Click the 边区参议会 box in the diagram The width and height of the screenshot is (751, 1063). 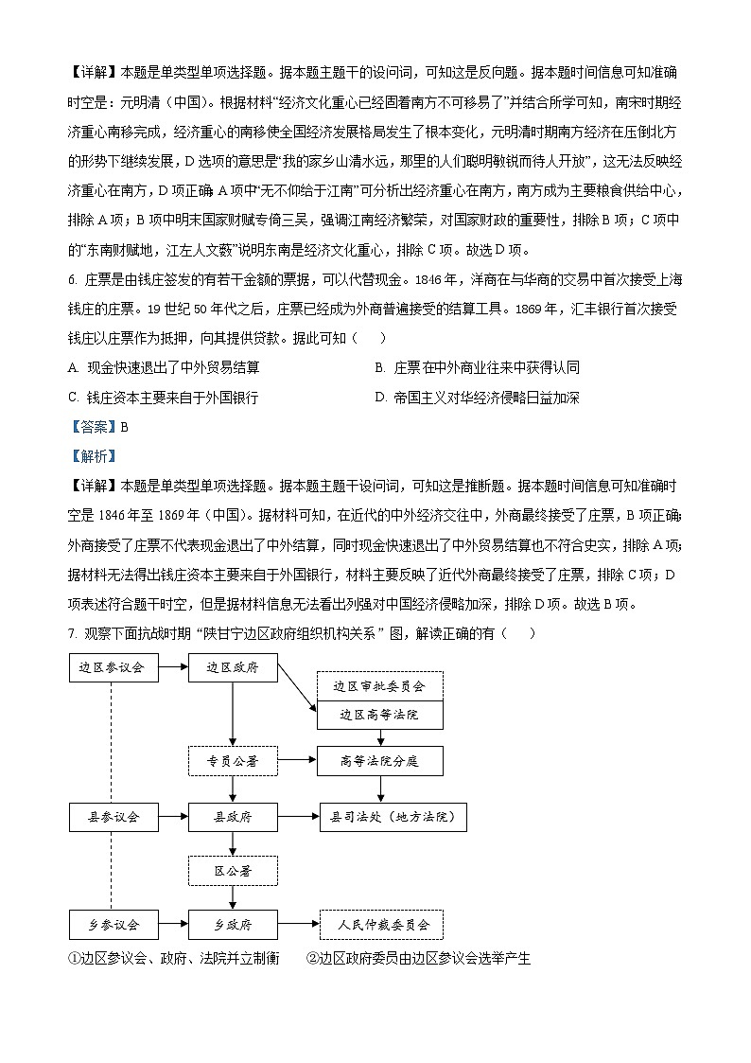[x=113, y=667]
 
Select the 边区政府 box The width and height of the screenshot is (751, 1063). [x=233, y=667]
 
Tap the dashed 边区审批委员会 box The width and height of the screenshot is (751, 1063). [x=379, y=686]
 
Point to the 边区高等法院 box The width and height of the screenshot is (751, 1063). [x=379, y=715]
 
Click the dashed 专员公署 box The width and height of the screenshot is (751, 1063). [x=233, y=760]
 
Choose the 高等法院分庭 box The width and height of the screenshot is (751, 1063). [x=379, y=760]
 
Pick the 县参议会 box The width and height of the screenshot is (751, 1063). [x=113, y=816]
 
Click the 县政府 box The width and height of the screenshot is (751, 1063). [x=233, y=816]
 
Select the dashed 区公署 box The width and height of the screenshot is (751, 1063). [x=233, y=870]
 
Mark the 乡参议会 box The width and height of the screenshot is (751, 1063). [x=113, y=924]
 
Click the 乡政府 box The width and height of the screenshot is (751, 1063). [x=233, y=924]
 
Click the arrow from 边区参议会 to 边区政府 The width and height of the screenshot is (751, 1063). [x=172, y=667]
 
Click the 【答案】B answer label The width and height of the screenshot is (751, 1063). [x=97, y=427]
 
